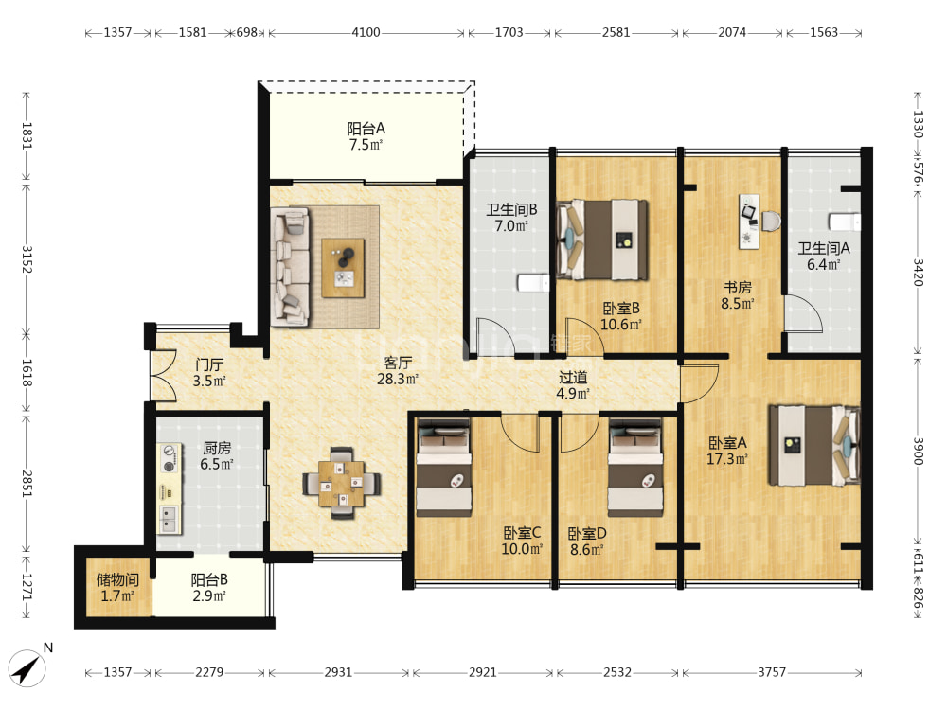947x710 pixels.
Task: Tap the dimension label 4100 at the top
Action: [x=366, y=32]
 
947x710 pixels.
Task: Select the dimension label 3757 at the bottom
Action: [x=772, y=672]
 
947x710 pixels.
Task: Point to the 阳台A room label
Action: [x=366, y=129]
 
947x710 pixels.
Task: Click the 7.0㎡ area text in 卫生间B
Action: [x=511, y=226]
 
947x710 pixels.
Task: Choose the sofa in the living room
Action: [x=290, y=267]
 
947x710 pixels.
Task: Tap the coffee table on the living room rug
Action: [x=343, y=268]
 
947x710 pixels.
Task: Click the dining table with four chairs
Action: [x=342, y=483]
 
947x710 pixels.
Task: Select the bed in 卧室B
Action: [x=602, y=240]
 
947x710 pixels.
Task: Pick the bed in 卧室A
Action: [x=814, y=446]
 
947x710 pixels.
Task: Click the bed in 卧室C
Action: [x=444, y=468]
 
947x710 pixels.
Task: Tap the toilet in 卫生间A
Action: [x=845, y=222]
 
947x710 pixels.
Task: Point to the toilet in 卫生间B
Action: [x=533, y=282]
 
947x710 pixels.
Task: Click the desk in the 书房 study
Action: [x=749, y=221]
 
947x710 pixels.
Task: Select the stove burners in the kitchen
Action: [x=170, y=458]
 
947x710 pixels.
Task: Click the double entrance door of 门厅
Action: [x=163, y=376]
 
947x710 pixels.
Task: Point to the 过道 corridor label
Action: [x=573, y=378]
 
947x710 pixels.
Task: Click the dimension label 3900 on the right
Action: [x=918, y=451]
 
